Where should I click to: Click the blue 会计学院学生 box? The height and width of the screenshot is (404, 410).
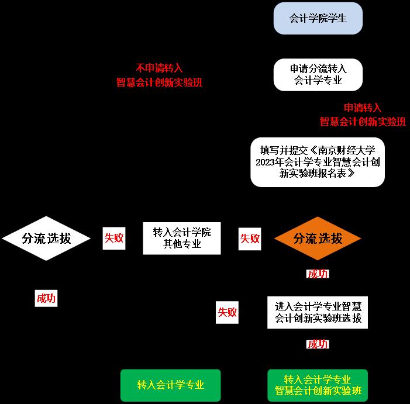click(318, 19)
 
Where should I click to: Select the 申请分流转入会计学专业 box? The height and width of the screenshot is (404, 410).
click(318, 75)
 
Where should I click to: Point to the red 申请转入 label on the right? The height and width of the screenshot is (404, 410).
click(363, 108)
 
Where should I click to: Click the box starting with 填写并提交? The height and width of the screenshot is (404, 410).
click(318, 162)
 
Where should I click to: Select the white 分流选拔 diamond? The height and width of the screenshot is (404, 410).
click(46, 239)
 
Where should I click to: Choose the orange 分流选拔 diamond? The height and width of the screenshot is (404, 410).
click(318, 239)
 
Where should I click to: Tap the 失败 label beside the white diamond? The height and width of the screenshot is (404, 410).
click(114, 239)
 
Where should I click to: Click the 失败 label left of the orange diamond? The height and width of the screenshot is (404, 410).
click(250, 239)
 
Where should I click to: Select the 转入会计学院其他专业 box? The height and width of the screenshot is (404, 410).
click(182, 239)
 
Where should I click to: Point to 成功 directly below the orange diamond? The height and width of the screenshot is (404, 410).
click(318, 274)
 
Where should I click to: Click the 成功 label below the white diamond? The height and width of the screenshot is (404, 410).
click(46, 298)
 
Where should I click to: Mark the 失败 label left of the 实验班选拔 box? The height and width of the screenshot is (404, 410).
click(228, 312)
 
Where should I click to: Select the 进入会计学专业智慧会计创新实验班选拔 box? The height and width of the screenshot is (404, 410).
click(318, 312)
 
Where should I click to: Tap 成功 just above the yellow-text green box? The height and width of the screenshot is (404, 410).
click(318, 344)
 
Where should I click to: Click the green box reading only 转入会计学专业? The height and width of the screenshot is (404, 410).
click(171, 385)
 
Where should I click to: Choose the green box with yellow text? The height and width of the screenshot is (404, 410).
click(318, 385)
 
